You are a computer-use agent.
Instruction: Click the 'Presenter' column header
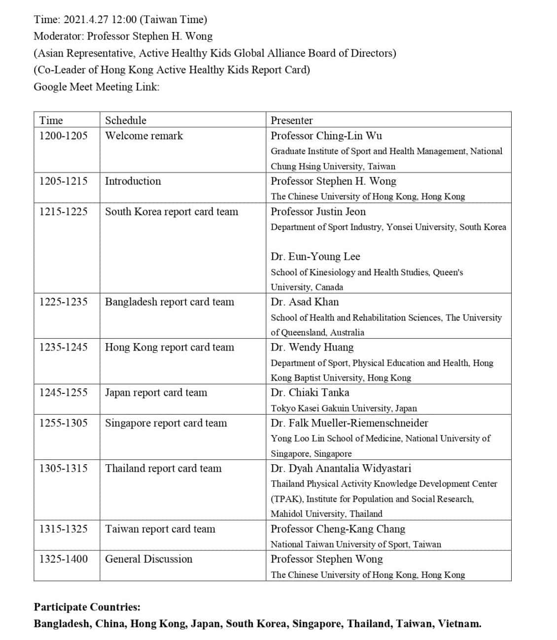click(291, 120)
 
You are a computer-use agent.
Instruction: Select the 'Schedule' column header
click(125, 120)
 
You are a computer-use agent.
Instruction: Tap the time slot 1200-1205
click(63, 135)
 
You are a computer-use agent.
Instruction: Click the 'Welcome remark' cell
click(143, 135)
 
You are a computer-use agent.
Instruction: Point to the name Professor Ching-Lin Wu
click(326, 135)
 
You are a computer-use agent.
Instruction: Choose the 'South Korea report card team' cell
click(171, 211)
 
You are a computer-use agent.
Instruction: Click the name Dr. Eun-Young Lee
click(315, 256)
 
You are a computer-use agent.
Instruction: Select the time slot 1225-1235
click(63, 301)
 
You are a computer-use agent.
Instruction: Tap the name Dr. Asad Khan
click(304, 301)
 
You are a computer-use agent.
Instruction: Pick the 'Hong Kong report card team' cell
click(169, 347)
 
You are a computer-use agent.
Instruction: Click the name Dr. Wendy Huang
click(312, 347)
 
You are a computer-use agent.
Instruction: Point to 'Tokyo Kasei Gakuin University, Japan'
click(344, 408)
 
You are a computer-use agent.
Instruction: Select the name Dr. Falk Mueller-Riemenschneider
click(349, 422)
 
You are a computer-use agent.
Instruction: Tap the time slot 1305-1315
click(63, 468)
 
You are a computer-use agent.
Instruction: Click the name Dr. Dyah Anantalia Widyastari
click(341, 468)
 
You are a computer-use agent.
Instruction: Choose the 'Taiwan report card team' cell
click(160, 529)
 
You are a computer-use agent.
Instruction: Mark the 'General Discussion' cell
click(148, 559)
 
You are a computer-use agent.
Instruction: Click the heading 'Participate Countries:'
click(87, 607)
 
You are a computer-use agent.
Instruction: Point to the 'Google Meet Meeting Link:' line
click(96, 87)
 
